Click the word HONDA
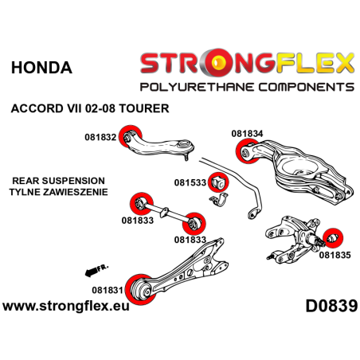(41, 68)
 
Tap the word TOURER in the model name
(149, 107)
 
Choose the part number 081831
(108, 269)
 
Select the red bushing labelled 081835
(335, 237)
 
